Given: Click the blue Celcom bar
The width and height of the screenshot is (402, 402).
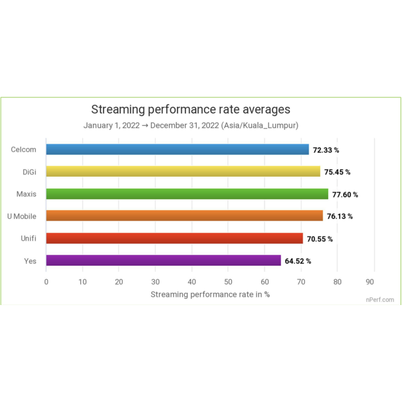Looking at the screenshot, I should pyautogui.click(x=177, y=149).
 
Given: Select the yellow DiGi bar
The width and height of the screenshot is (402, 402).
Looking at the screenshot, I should pyautogui.click(x=183, y=171).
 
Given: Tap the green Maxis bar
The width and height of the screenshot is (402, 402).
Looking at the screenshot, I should pyautogui.click(x=187, y=193).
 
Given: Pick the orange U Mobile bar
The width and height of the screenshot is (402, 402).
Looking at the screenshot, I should pyautogui.click(x=184, y=216).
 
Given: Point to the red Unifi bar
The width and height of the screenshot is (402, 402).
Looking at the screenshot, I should pyautogui.click(x=174, y=238).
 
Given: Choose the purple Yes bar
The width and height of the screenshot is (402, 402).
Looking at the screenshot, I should pyautogui.click(x=163, y=260).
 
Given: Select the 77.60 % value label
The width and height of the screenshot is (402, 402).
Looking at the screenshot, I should pyautogui.click(x=345, y=194).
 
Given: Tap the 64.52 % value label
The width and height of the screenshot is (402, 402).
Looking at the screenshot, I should pyautogui.click(x=298, y=261).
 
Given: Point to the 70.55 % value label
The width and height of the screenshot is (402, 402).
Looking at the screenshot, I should pyautogui.click(x=320, y=239).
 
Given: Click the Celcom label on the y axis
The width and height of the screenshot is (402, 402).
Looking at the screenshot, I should pyautogui.click(x=23, y=149).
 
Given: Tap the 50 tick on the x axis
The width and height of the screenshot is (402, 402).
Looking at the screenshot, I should pyautogui.click(x=228, y=282).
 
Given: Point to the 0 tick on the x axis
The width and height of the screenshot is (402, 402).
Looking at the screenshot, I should pyautogui.click(x=46, y=282).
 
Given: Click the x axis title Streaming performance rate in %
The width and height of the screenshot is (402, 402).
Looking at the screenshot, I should pyautogui.click(x=210, y=294).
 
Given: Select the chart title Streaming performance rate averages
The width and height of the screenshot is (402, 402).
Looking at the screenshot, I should pyautogui.click(x=190, y=109).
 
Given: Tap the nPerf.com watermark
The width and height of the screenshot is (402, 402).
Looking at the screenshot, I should pyautogui.click(x=380, y=299).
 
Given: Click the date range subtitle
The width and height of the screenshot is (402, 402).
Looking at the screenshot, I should pyautogui.click(x=191, y=126).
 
